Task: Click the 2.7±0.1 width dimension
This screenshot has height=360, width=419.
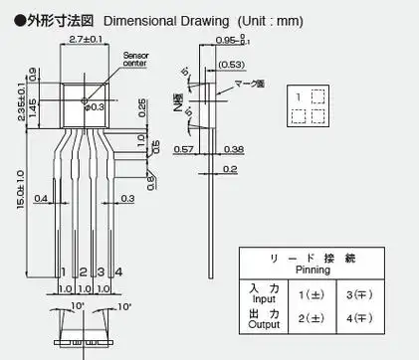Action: (89, 39)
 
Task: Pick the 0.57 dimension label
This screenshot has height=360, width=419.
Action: (182, 150)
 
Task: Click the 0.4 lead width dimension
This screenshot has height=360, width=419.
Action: (41, 199)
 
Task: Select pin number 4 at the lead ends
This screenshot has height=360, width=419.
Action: (118, 271)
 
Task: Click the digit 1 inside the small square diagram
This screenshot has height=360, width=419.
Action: (298, 95)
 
